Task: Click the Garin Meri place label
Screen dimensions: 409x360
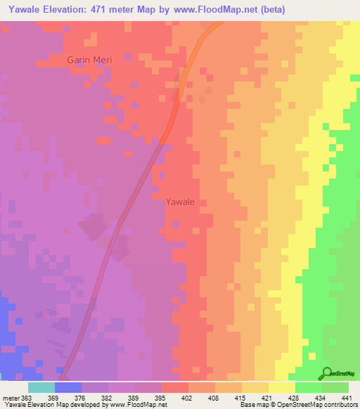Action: tap(89, 60)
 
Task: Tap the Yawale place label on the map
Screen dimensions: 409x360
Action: tap(179, 202)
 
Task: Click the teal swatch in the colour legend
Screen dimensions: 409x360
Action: tap(41, 387)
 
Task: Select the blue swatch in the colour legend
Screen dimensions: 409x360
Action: tap(68, 387)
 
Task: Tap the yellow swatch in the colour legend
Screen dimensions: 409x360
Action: tap(282, 387)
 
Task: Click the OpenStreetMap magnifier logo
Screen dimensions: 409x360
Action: tap(326, 373)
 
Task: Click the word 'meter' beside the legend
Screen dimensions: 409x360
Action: tap(12, 397)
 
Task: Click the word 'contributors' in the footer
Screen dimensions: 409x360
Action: tap(338, 405)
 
